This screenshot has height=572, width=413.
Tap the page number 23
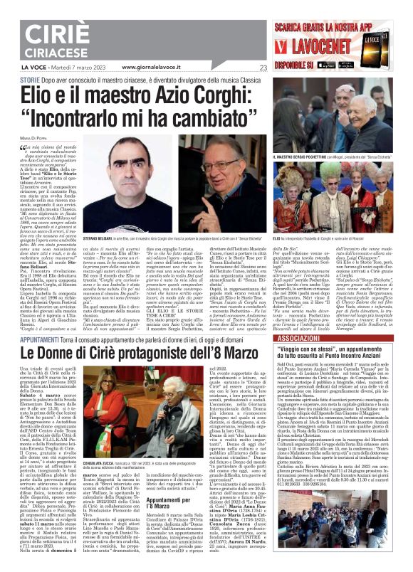pyautogui.click(x=263, y=68)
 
